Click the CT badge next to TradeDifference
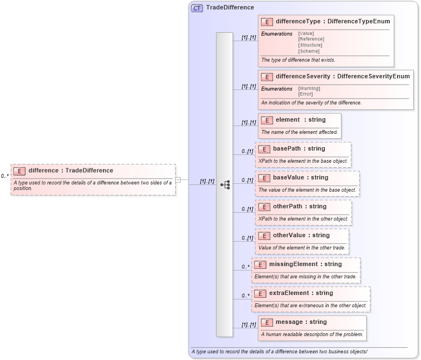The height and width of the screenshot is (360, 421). tap(197, 8)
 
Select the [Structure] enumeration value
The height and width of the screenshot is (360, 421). tap(310, 45)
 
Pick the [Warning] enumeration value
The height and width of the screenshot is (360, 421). tap(309, 88)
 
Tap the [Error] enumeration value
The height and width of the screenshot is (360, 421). tap(305, 94)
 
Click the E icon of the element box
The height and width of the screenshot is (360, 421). tap(267, 120)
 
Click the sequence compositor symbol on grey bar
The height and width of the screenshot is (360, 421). tap(225, 184)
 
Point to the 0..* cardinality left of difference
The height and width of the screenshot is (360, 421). tap(4, 176)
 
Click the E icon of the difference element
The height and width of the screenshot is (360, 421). tap(19, 171)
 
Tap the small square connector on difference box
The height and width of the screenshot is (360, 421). tap(178, 179)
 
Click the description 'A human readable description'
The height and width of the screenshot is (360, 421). tap(312, 334)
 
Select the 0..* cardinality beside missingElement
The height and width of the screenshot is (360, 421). tap(245, 267)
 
